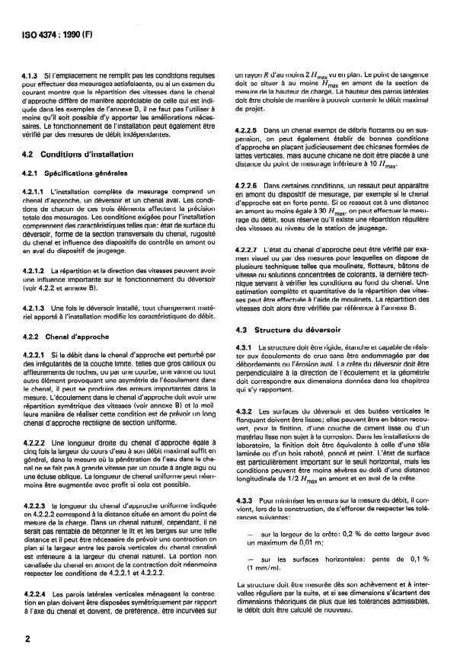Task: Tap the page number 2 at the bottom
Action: (28, 640)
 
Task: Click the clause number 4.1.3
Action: (34, 75)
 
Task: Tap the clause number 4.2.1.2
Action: (37, 270)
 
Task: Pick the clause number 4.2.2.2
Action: (37, 442)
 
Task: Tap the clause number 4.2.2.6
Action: (248, 186)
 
